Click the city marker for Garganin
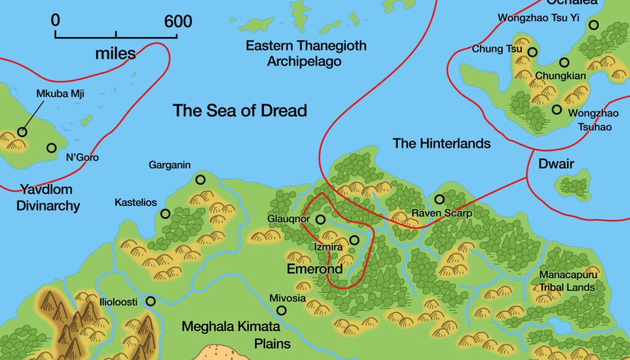(x=200, y=180)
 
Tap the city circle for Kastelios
(x=165, y=214)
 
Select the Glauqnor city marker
(x=320, y=219)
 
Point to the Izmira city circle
(x=354, y=240)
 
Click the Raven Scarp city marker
(x=439, y=199)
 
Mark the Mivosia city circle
(x=281, y=310)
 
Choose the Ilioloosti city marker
(x=150, y=301)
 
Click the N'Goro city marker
(x=52, y=148)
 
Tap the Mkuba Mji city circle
(x=22, y=132)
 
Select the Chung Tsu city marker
(x=532, y=52)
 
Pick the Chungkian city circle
(x=564, y=62)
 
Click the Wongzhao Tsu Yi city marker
(x=593, y=25)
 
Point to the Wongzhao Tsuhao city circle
(x=557, y=110)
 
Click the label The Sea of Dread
(x=239, y=111)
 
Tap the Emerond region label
(x=314, y=270)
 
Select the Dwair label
(x=556, y=164)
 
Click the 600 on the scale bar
(x=178, y=22)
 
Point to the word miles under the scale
(x=115, y=54)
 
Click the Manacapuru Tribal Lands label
(x=567, y=281)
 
